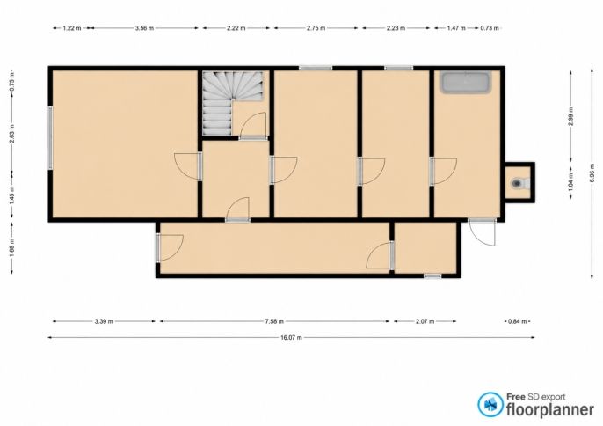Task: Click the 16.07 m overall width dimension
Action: [291, 338]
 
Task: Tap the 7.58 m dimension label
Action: [274, 321]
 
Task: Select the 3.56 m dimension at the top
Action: [144, 28]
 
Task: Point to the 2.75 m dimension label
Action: [316, 28]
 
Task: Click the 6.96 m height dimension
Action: [592, 173]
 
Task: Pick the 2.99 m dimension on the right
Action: [571, 116]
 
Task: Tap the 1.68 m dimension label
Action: [12, 247]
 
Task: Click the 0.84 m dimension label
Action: [517, 321]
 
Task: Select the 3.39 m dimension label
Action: [104, 321]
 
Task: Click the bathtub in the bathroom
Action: [465, 82]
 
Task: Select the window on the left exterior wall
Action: [50, 137]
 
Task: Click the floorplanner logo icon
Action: [490, 404]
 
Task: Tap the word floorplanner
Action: [550, 410]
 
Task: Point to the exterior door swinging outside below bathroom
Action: [483, 232]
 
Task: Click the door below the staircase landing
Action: [237, 209]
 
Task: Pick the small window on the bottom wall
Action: [432, 275]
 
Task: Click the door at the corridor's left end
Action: [169, 247]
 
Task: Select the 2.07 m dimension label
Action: [425, 321]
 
